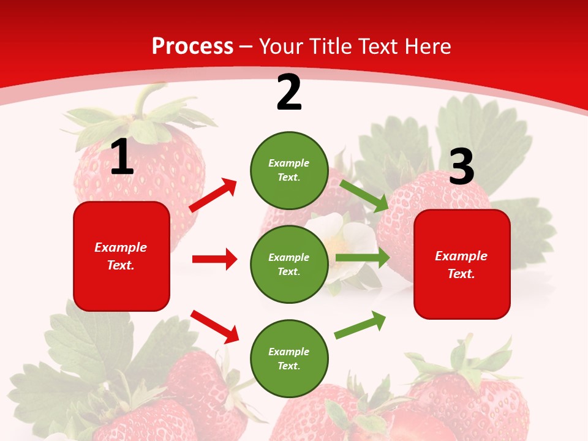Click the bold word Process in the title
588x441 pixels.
192,46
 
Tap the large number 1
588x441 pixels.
122,157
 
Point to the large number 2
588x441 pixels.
289,92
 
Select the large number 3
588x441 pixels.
461,167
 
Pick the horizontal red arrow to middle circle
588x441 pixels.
214,259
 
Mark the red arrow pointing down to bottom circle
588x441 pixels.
215,326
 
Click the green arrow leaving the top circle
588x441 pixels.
364,195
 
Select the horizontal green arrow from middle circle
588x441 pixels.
362,258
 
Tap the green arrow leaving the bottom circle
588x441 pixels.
361,325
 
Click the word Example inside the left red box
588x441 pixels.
121,247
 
